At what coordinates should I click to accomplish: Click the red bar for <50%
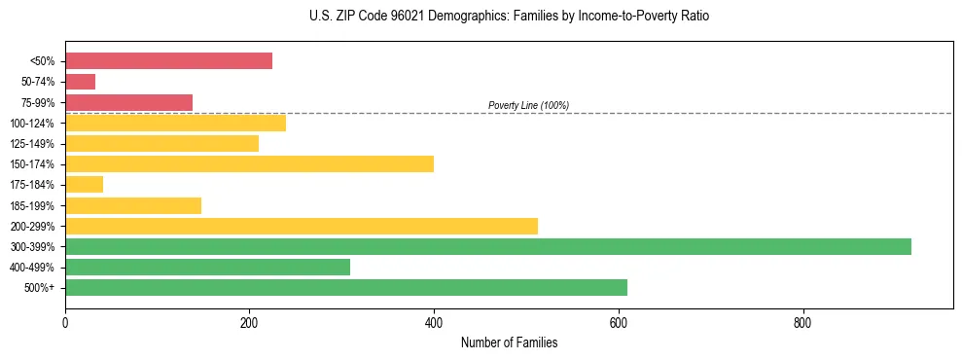tap(168, 61)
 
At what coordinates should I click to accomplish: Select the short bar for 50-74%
tap(80, 82)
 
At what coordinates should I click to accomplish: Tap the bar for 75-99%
tap(128, 102)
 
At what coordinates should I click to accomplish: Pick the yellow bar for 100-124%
tap(175, 123)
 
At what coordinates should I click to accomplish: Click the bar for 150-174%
tap(249, 163)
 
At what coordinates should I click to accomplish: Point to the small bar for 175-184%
tap(84, 185)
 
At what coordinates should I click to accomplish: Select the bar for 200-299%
tap(302, 226)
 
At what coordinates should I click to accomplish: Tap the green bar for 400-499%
tap(207, 267)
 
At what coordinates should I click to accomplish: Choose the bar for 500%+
tap(346, 287)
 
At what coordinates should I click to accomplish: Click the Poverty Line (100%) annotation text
tap(528, 105)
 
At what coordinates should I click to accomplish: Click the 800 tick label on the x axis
tap(802, 323)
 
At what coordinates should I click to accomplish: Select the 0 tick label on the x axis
tap(65, 323)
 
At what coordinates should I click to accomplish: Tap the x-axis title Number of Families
tap(509, 342)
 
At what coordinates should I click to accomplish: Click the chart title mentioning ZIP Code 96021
tap(509, 17)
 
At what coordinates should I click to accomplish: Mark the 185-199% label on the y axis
tap(36, 205)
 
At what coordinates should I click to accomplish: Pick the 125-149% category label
tap(36, 144)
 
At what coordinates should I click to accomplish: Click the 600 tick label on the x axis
tap(619, 323)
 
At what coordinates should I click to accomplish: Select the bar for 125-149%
tap(161, 143)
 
